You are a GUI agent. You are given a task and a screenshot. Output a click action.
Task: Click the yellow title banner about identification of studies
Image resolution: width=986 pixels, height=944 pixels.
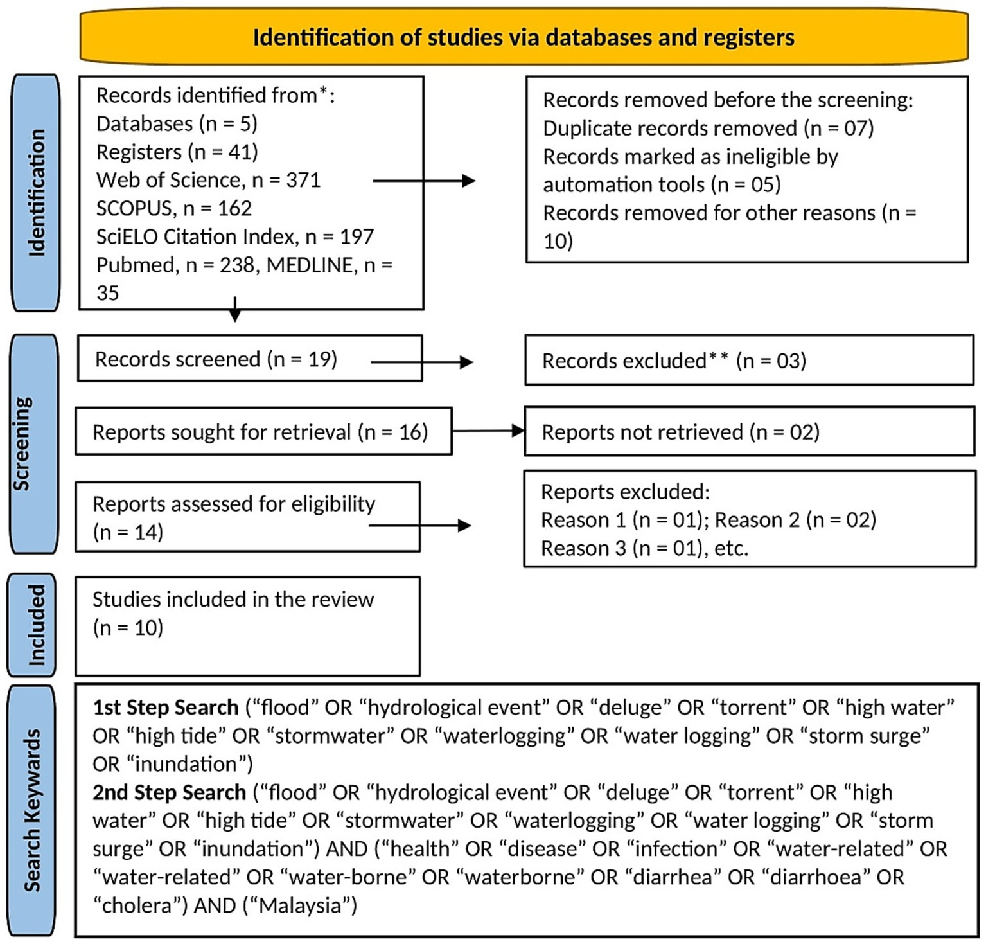click(524, 37)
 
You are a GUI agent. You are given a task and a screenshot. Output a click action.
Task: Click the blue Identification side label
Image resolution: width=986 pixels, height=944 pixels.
click(37, 193)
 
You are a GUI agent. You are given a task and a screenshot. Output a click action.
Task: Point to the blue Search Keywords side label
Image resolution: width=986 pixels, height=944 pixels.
click(32, 810)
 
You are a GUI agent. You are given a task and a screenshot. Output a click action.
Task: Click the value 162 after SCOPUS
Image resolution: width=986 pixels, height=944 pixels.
click(234, 208)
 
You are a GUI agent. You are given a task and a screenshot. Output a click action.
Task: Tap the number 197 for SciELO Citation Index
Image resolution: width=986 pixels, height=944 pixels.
click(357, 236)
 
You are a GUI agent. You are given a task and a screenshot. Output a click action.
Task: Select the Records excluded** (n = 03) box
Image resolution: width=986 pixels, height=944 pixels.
click(748, 361)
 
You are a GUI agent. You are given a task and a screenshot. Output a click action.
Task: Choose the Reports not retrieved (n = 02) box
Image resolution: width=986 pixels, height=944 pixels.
click(748, 432)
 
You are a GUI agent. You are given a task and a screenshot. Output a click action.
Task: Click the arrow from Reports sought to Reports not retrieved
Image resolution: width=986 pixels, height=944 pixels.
click(488, 431)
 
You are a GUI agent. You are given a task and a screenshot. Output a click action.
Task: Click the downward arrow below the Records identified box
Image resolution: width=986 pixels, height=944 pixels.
click(235, 310)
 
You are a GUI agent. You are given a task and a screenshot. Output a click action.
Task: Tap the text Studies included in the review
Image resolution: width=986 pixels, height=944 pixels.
click(233, 599)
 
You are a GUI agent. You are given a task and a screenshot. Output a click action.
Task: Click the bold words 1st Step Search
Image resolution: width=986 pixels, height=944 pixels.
click(166, 708)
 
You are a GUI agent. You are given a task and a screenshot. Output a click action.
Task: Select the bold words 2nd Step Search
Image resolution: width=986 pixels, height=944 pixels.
click(169, 792)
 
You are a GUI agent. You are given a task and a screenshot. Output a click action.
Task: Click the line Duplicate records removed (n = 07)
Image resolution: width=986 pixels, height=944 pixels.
click(708, 128)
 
